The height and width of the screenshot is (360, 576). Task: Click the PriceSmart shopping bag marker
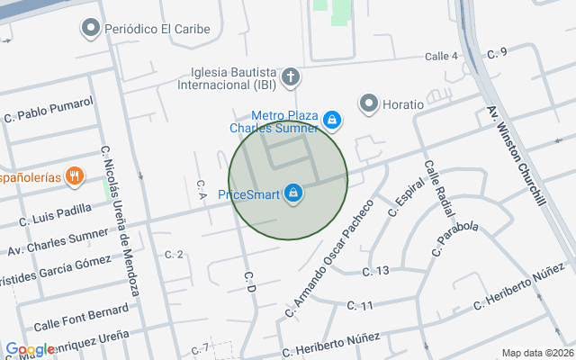point(293,193)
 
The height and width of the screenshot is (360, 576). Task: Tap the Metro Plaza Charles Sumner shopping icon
point(332,119)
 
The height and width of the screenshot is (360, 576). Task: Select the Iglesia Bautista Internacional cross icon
point(291,77)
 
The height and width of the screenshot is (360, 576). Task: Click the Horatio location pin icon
point(368,104)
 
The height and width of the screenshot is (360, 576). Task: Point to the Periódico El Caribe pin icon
point(90,29)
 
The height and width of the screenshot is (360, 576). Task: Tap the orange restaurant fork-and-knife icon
point(76,176)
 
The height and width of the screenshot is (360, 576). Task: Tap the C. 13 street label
point(375,271)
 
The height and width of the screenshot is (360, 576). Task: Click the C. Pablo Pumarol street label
point(49,110)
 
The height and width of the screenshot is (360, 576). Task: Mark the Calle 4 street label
point(441,56)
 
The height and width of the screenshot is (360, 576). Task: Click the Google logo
point(29,349)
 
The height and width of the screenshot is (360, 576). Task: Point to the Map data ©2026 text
point(537,353)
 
